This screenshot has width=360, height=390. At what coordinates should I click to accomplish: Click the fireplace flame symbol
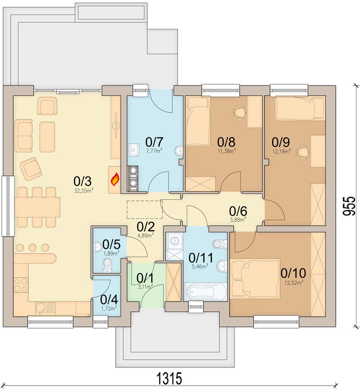click(115, 180)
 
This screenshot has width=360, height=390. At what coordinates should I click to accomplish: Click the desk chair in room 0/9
click(302, 152)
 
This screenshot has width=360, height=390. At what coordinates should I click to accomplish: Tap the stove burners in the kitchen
click(21, 285)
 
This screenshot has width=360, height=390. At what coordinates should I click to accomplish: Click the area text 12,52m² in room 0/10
click(295, 282)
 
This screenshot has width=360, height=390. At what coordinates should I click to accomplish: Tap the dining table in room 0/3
click(37, 207)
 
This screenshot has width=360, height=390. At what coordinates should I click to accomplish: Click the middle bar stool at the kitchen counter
click(33, 247)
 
